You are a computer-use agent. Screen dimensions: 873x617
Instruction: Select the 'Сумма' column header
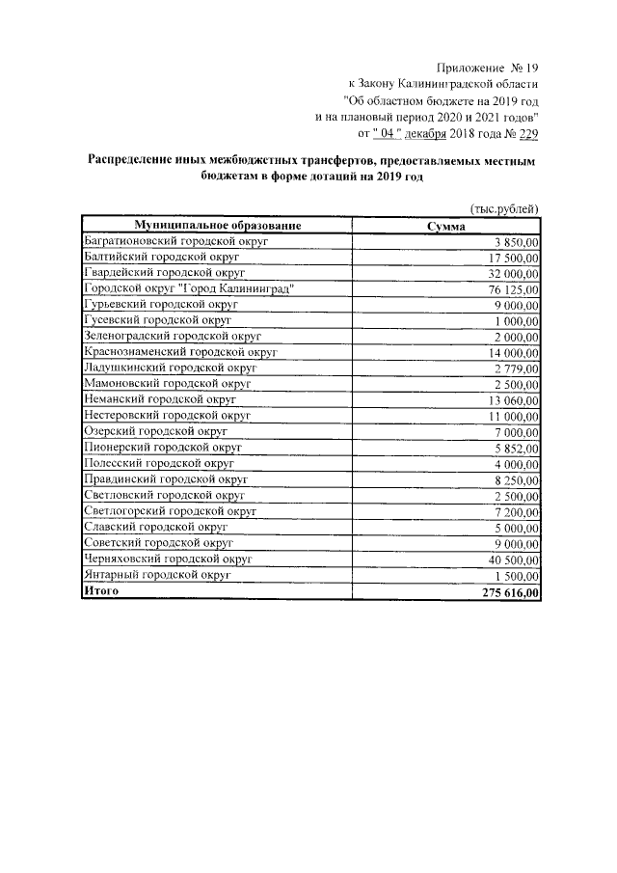click(446, 226)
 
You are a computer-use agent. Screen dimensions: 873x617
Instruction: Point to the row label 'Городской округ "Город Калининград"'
click(188, 288)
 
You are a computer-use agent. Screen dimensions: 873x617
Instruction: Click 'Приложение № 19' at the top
click(489, 67)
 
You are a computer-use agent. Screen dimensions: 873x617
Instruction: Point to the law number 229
click(528, 134)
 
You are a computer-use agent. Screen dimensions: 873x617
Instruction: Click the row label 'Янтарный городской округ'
click(158, 575)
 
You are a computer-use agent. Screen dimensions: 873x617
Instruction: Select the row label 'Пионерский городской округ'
click(162, 448)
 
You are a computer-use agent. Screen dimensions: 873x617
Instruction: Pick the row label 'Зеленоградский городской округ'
click(174, 336)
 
